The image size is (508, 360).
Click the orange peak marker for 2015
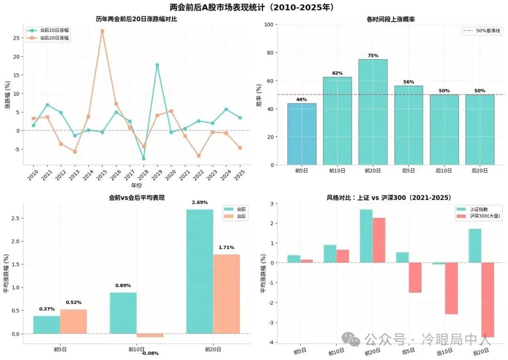(102, 31)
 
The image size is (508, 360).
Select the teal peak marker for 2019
(157, 65)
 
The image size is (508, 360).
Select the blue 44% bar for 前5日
(302, 134)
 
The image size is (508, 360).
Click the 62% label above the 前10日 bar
(337, 73)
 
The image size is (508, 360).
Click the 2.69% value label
(199, 202)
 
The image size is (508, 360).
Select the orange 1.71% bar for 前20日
(226, 294)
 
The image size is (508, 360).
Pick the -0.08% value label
(150, 353)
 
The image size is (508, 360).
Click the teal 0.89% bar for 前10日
(123, 313)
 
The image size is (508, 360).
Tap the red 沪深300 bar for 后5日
(415, 278)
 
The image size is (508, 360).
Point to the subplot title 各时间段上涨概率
(390, 19)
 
